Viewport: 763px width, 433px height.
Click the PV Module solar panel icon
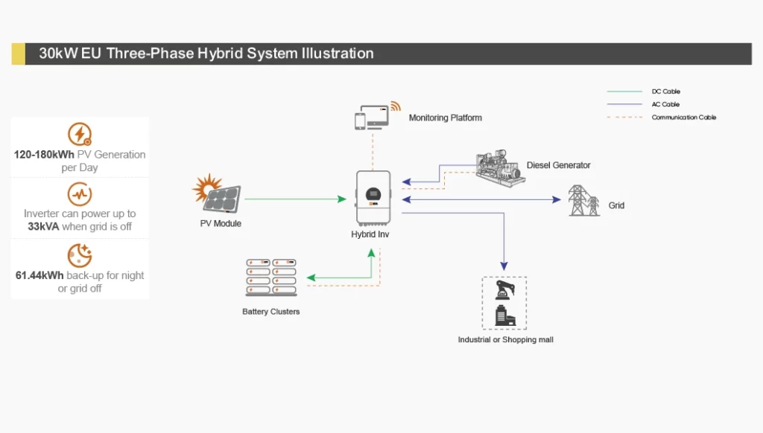point(217,193)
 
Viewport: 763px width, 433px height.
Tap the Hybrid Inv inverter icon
point(373,198)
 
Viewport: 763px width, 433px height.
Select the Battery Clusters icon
point(271,278)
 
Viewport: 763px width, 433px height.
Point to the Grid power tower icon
point(583,200)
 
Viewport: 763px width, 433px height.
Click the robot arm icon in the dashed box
point(504,290)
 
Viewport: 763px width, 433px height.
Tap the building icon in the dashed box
point(505,315)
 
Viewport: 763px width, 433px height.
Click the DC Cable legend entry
point(643,92)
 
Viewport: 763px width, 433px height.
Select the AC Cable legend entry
point(643,104)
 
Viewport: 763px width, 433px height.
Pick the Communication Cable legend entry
point(662,117)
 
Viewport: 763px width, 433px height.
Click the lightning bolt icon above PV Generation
point(80,134)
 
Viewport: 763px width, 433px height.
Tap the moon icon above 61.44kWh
point(80,255)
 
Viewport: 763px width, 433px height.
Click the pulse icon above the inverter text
point(80,194)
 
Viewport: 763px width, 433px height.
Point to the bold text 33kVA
point(43,226)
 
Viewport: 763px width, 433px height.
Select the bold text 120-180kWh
point(44,155)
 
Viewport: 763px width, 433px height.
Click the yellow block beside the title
point(19,54)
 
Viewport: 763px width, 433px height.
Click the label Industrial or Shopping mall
point(506,340)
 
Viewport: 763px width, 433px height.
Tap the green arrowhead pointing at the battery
point(311,278)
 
